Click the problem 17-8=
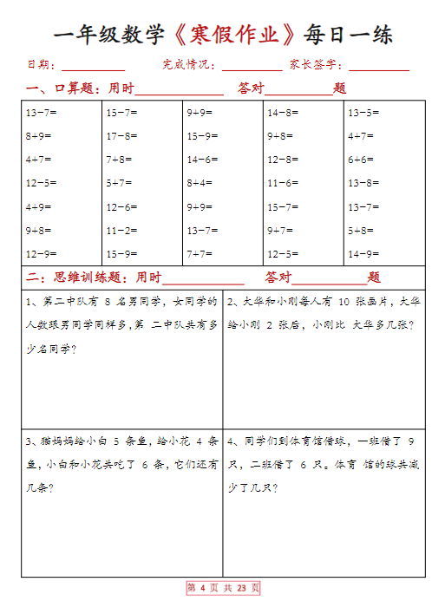pos(121,136)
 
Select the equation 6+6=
pos(361,160)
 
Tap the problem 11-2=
pos(121,231)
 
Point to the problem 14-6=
pos(202,160)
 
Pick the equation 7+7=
pos(200,254)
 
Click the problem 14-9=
pos(363,254)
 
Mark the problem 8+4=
pos(200,183)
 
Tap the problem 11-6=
pos(283,183)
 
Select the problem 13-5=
pos(363,113)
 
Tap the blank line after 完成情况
pos(252,67)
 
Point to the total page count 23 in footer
pos(242,588)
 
